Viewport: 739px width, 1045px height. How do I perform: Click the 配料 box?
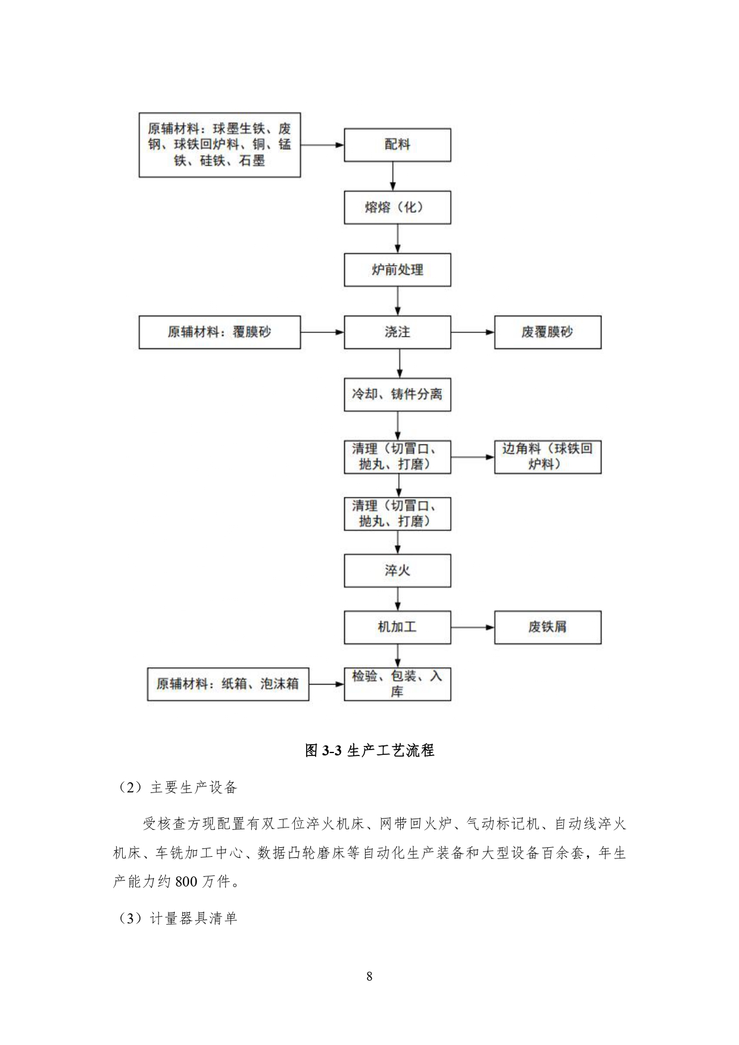(x=397, y=145)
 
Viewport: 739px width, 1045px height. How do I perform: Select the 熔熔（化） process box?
(x=397, y=207)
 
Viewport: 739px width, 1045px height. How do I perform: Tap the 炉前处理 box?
(x=397, y=270)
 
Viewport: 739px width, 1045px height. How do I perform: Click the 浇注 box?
(x=397, y=332)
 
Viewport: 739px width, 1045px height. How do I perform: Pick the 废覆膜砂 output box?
(x=547, y=332)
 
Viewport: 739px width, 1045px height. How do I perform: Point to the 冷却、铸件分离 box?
(x=397, y=394)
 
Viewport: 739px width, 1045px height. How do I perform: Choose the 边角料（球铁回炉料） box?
(x=547, y=457)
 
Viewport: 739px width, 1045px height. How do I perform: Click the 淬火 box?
(x=397, y=571)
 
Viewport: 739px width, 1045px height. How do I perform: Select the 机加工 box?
(x=397, y=627)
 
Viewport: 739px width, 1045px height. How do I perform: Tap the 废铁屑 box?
(x=547, y=627)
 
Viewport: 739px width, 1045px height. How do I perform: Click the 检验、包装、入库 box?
(x=397, y=683)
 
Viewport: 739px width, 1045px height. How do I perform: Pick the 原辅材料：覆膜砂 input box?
(x=220, y=332)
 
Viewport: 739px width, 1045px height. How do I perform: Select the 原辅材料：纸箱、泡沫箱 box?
(x=228, y=683)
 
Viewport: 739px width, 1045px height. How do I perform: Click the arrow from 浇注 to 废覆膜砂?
(x=472, y=332)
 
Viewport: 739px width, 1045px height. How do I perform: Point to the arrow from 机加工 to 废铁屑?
(x=472, y=627)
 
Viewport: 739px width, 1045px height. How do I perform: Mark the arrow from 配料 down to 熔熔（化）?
(x=393, y=176)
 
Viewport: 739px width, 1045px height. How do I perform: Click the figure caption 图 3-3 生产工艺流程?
(x=369, y=751)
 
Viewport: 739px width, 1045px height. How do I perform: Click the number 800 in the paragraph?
(x=186, y=882)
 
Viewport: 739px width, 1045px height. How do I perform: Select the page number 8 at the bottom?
(x=369, y=976)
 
